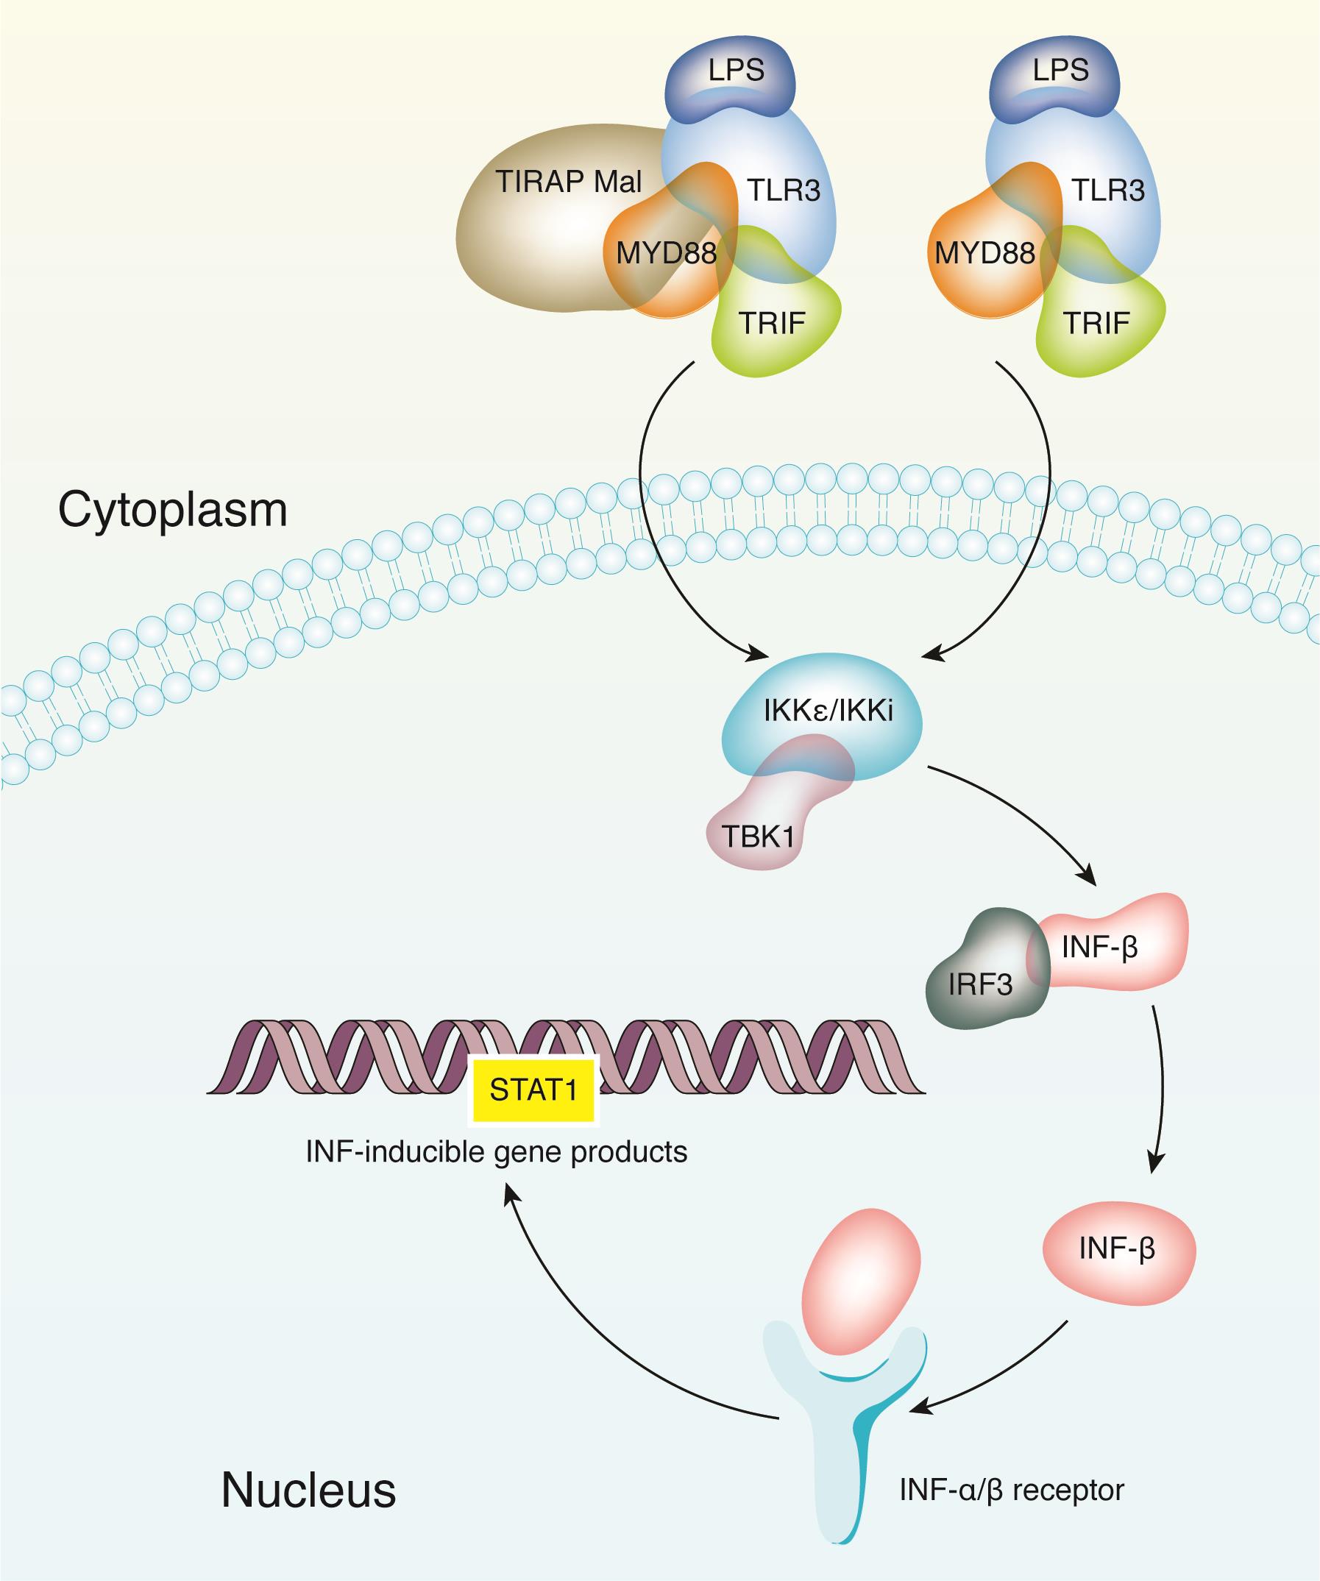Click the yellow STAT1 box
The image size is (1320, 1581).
[533, 1090]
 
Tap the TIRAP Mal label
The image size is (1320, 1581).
[569, 182]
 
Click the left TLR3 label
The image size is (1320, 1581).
[783, 191]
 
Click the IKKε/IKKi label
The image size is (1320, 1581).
[828, 711]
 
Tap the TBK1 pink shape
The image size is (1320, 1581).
[757, 836]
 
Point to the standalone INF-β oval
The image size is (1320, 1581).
[1118, 1250]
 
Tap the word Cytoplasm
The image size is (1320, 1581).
[172, 511]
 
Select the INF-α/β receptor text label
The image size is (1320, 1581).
[1011, 1489]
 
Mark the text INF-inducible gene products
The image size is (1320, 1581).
[496, 1152]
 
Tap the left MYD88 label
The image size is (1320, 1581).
[666, 253]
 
